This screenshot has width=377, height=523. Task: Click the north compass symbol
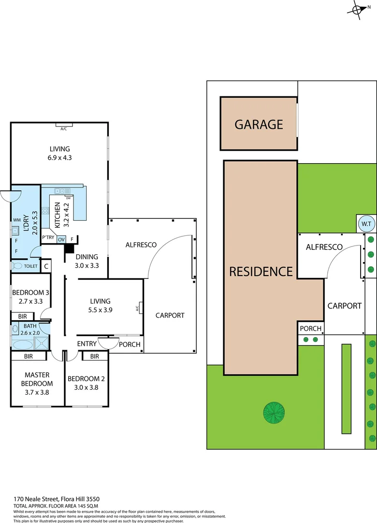[358, 10]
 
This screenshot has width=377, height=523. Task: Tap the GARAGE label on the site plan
[259, 124]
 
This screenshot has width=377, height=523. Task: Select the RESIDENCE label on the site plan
[261, 271]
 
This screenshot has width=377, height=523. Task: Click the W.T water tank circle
[365, 224]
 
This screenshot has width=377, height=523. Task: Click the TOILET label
[30, 266]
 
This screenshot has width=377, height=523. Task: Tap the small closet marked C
[46, 266]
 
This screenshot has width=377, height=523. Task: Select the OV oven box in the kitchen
[61, 239]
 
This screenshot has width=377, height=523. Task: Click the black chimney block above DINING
[69, 248]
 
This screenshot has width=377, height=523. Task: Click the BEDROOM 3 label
[30, 292]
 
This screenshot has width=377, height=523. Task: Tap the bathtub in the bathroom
[22, 345]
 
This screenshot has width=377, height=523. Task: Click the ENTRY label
[87, 344]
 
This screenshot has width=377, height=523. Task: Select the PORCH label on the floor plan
[130, 344]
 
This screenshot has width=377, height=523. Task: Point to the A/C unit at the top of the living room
[63, 129]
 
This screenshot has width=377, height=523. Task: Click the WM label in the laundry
[16, 220]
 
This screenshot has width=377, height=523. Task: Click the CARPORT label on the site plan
[344, 306]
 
